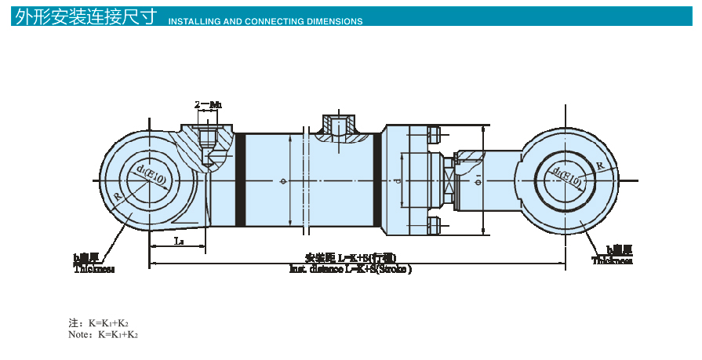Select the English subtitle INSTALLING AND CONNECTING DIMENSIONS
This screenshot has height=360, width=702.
[265, 21]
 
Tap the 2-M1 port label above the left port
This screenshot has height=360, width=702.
[207, 104]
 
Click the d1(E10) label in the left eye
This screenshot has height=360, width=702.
[150, 176]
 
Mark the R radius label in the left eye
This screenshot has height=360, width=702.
[117, 197]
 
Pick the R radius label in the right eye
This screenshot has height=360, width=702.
[600, 165]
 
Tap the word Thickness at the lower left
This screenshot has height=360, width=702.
[94, 269]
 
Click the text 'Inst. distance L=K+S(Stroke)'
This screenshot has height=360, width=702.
[350, 268]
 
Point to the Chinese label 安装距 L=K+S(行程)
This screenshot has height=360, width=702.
[350, 257]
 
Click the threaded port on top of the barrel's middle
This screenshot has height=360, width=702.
[339, 125]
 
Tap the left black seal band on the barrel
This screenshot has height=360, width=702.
[241, 180]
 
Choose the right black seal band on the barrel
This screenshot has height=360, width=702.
[378, 180]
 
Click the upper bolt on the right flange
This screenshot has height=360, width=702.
[434, 136]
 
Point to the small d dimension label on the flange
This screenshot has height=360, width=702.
[398, 181]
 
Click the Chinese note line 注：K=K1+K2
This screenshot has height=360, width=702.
[99, 322]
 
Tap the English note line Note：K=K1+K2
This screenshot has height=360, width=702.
[104, 334]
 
